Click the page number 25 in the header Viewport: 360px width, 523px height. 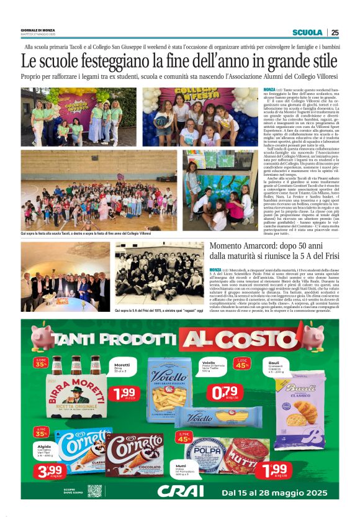click(x=335, y=33)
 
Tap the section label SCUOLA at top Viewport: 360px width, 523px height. click(x=307, y=33)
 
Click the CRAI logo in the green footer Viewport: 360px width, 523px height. click(x=181, y=491)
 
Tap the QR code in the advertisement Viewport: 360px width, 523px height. click(x=94, y=491)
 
